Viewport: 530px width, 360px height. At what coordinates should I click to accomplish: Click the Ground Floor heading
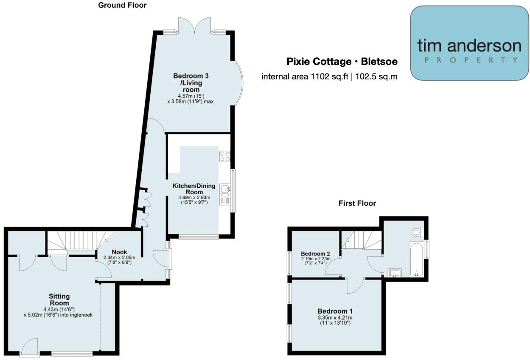pos(122,6)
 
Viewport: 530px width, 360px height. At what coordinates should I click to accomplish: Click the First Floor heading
pos(357,203)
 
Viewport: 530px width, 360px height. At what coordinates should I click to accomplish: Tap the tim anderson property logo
pos(469,43)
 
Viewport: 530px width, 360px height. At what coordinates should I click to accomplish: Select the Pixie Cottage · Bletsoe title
pos(342,62)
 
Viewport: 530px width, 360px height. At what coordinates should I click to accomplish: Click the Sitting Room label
pos(59,299)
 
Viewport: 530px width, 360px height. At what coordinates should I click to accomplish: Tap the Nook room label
pos(119,252)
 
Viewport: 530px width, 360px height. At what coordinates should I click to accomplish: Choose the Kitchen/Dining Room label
pos(193,189)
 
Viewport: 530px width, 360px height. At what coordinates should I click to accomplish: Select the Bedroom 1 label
pos(335,311)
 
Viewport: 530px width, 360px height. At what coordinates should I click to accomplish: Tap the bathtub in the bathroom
pos(415,258)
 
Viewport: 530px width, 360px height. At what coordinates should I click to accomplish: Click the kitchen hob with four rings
pos(224,156)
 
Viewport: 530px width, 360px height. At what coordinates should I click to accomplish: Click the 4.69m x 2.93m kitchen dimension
pos(193,198)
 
